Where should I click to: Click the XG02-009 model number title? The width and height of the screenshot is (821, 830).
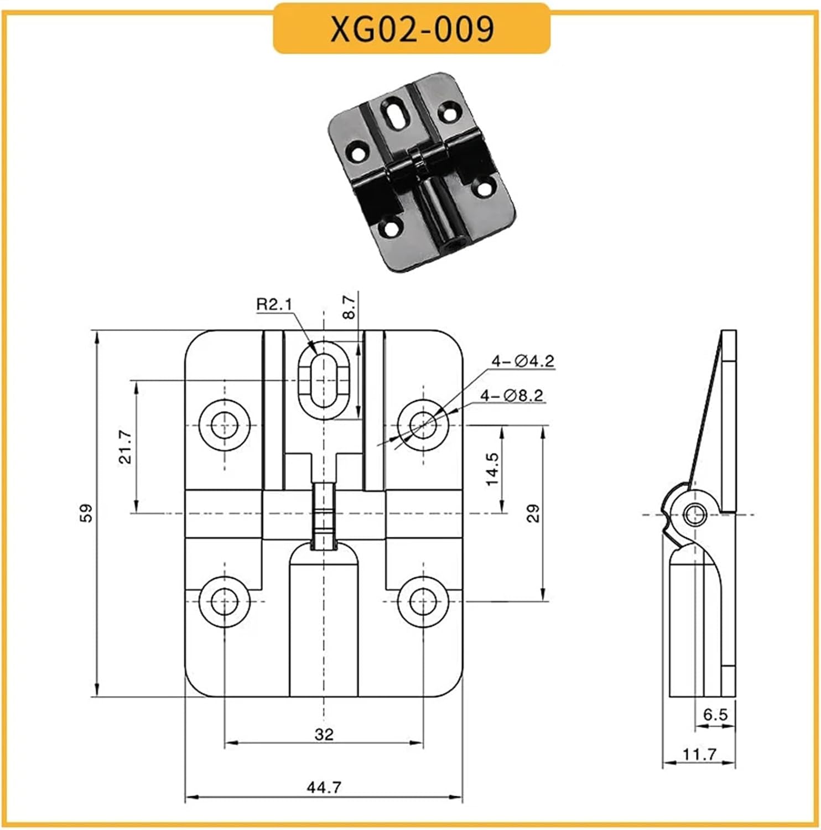pyautogui.click(x=412, y=28)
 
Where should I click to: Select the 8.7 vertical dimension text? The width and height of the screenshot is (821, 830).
pyautogui.click(x=349, y=308)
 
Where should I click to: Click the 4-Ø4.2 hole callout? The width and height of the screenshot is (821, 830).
pyautogui.click(x=523, y=361)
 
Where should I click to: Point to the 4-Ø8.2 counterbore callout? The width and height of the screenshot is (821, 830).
pyautogui.click(x=512, y=396)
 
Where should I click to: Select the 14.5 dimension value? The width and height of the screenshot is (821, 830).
pyautogui.click(x=492, y=469)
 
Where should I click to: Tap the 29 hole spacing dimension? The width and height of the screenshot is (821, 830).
pyautogui.click(x=533, y=513)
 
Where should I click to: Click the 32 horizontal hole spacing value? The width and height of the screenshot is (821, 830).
pyautogui.click(x=324, y=734)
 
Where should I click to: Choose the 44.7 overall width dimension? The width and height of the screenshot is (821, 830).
pyautogui.click(x=324, y=786)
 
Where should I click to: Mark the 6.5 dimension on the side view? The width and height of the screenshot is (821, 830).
pyautogui.click(x=715, y=715)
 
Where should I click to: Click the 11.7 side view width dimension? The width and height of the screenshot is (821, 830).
pyautogui.click(x=699, y=754)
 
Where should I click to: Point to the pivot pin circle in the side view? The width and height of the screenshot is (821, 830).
pyautogui.click(x=694, y=515)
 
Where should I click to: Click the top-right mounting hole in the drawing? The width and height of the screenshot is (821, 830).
pyautogui.click(x=423, y=425)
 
